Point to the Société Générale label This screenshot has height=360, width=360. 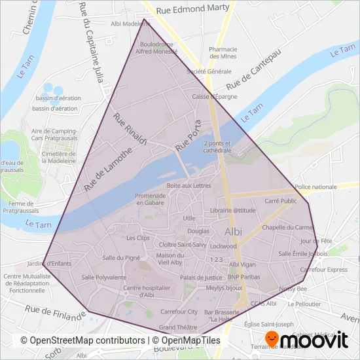(x=209, y=71)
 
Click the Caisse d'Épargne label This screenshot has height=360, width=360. (x=215, y=97)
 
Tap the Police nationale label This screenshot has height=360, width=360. (x=316, y=187)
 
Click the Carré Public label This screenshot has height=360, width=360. (x=280, y=202)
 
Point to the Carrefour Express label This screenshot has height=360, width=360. (x=323, y=270)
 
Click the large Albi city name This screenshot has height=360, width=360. (x=233, y=232)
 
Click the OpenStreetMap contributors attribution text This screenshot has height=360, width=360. (x=82, y=341)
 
